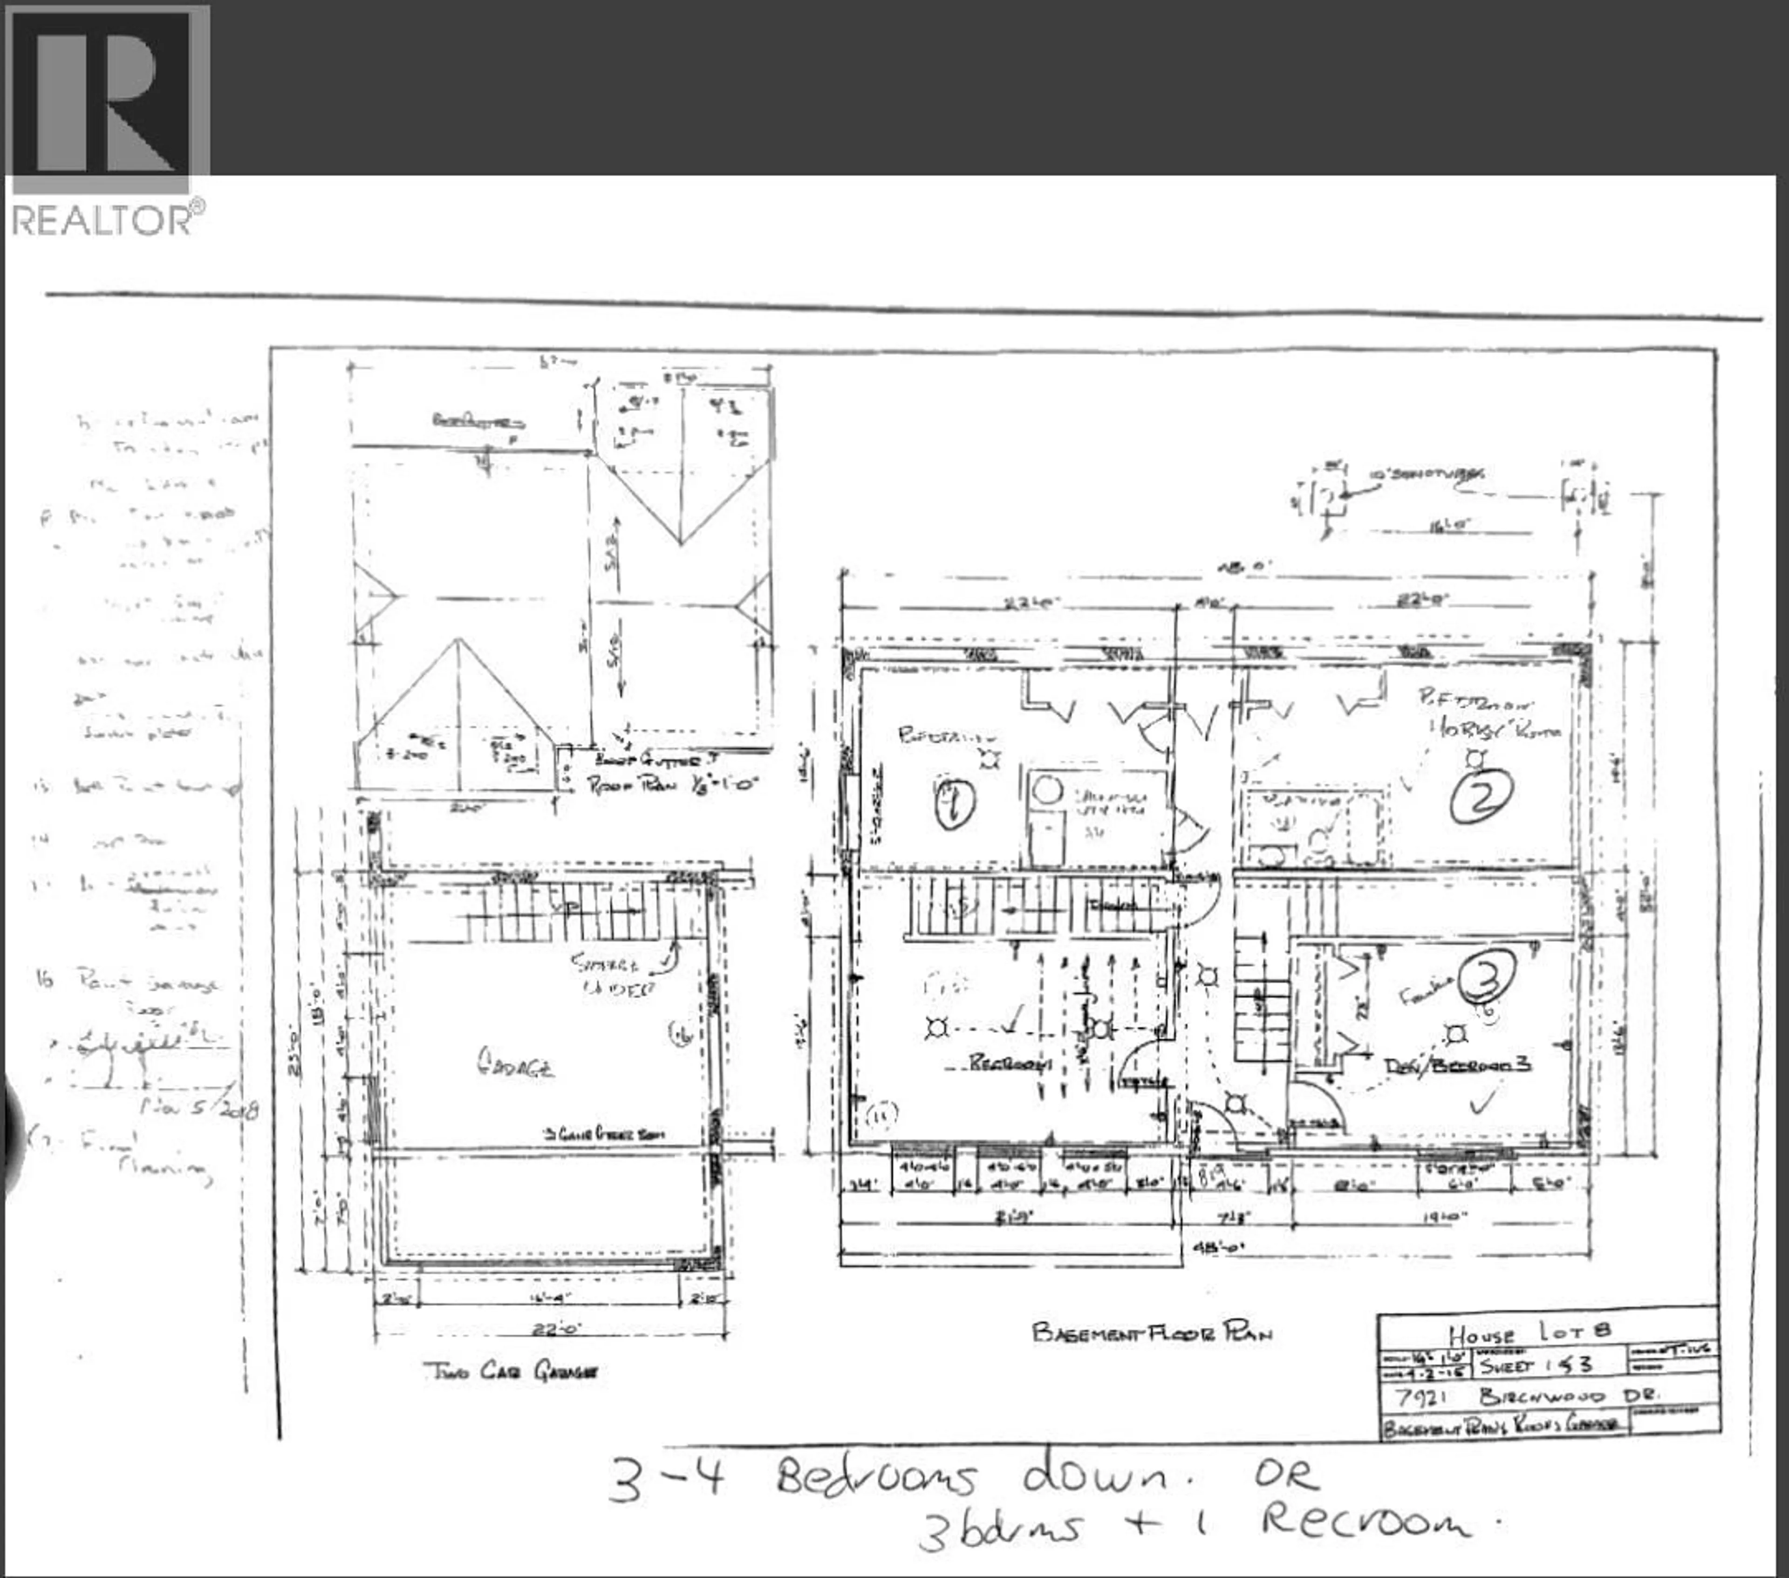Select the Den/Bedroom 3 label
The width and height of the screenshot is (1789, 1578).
[1457, 1066]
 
